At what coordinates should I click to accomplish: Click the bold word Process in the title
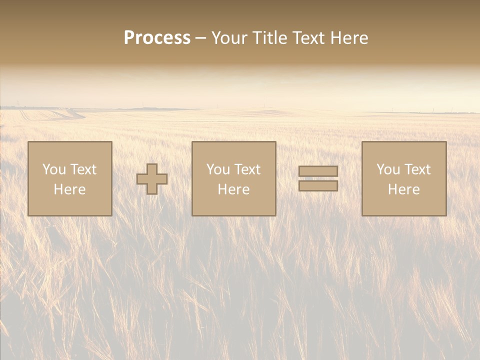[157, 38]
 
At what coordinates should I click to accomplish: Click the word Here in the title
[350, 38]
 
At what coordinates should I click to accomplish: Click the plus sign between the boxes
[152, 179]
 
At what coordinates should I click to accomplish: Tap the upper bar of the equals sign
[318, 171]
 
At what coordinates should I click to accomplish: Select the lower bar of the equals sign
[318, 185]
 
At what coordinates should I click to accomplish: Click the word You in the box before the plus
[54, 169]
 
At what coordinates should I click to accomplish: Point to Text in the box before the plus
[83, 169]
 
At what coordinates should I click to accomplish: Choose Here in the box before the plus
[69, 189]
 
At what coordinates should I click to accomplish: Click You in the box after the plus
[218, 169]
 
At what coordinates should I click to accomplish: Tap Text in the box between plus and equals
[247, 169]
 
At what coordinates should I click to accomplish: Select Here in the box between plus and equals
[233, 189]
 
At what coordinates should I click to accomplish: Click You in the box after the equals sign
[388, 169]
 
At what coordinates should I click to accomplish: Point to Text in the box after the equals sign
[417, 169]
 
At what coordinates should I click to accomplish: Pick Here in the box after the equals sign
[403, 189]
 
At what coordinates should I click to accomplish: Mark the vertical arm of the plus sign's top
[152, 168]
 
